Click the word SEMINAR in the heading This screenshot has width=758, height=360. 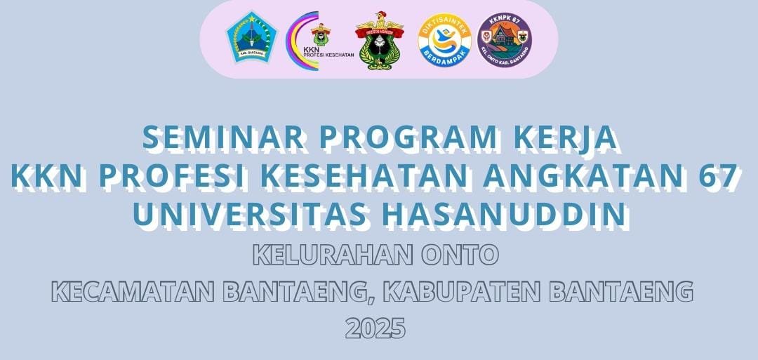223,138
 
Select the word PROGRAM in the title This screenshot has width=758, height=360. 408,138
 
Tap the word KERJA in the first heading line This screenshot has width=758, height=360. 564,138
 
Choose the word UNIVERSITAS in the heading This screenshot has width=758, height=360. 249,215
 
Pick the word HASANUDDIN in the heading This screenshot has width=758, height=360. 504,215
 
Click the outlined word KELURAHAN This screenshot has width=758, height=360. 333,255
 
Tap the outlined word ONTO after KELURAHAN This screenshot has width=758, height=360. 459,255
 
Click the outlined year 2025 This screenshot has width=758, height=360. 375,328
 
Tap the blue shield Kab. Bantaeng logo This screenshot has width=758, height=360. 251,37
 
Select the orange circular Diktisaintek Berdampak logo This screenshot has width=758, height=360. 444,39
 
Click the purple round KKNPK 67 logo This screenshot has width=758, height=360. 504,39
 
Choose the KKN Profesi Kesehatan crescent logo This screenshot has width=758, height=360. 319,41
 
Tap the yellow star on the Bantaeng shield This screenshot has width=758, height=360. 251,18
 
